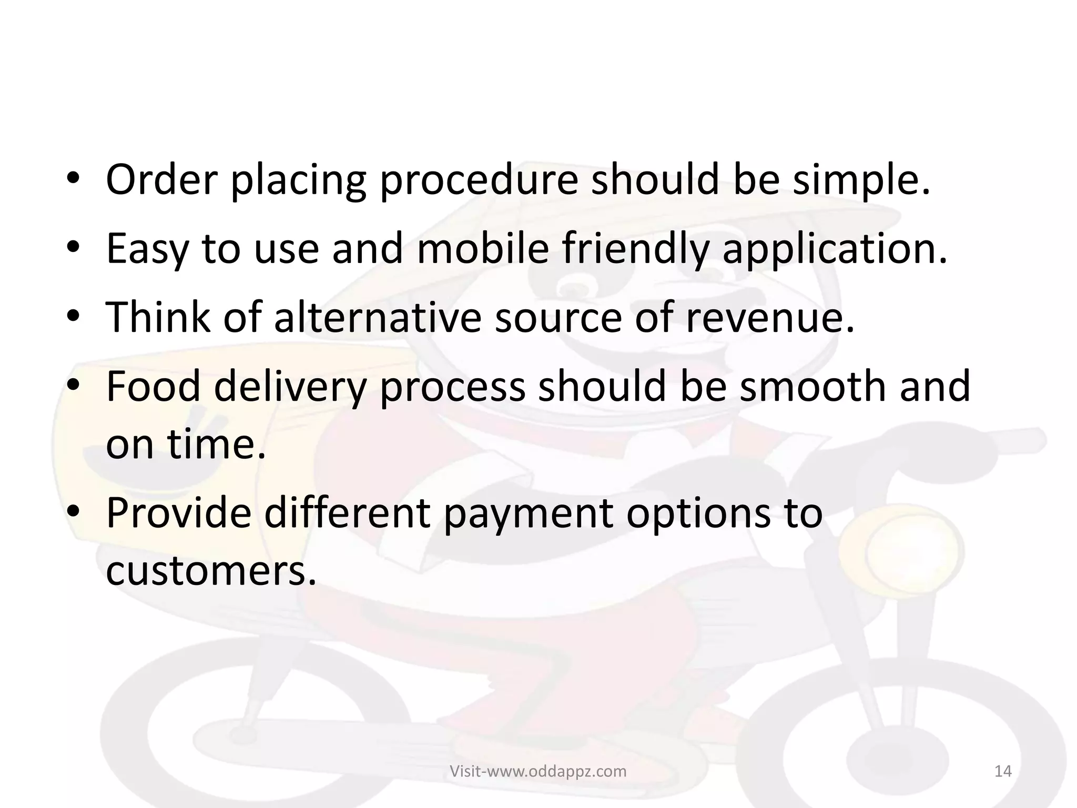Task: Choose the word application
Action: pyautogui.click(x=835, y=250)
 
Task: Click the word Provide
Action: pyautogui.click(x=179, y=513)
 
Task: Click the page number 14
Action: pyautogui.click(x=1003, y=771)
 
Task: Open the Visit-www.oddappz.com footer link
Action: pyautogui.click(x=538, y=771)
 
